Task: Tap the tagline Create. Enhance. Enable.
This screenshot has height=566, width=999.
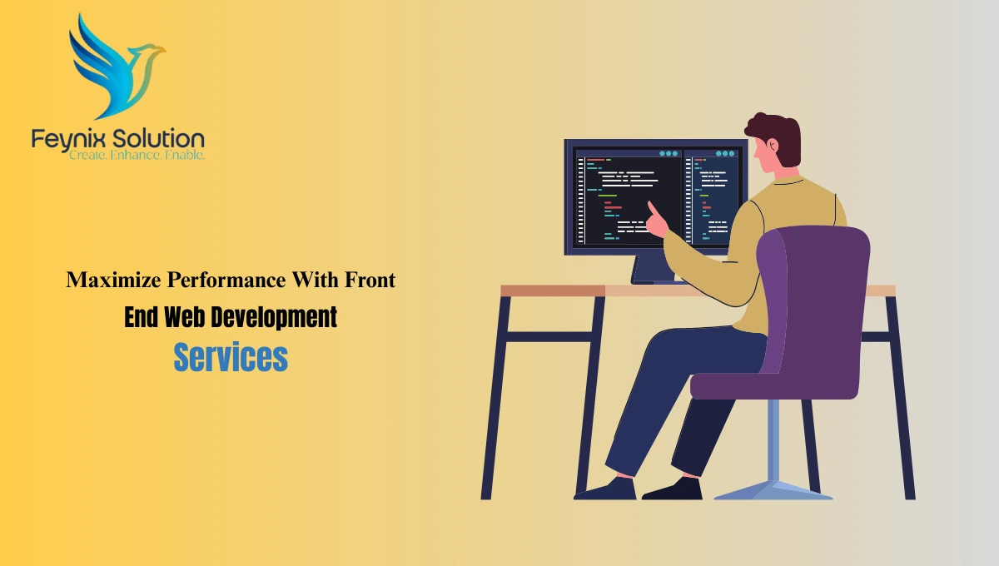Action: coord(137,155)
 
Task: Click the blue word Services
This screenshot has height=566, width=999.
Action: coord(231,357)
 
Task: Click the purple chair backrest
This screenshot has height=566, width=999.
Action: coord(812,291)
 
